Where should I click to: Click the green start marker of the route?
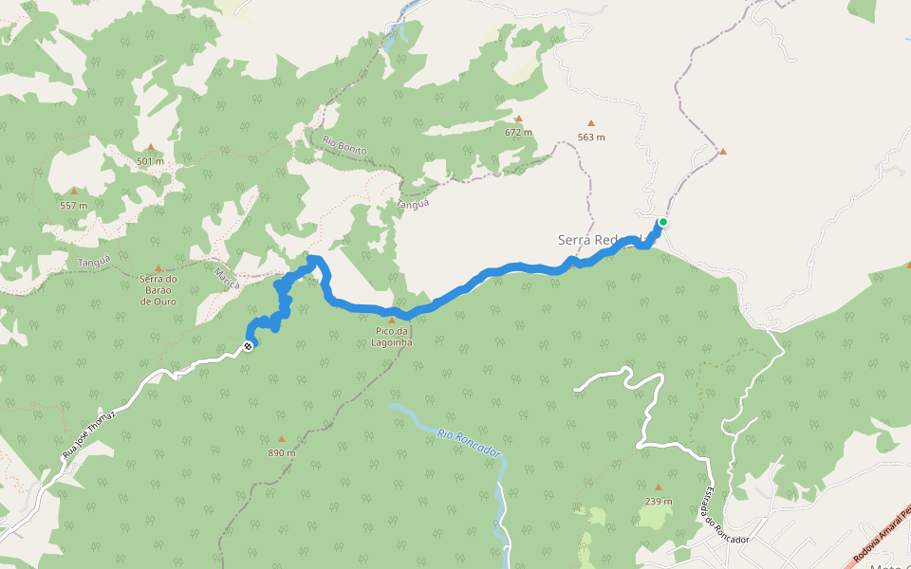(662, 223)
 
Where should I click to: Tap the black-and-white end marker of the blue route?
(249, 346)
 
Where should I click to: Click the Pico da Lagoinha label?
(391, 337)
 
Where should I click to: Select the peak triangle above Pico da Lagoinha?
(391, 321)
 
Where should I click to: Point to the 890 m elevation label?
(281, 452)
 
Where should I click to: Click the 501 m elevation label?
(150, 161)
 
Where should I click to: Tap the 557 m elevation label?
(73, 205)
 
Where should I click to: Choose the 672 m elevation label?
(518, 132)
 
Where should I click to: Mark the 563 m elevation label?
(591, 137)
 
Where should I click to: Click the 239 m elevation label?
(658, 501)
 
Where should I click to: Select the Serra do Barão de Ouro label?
(158, 289)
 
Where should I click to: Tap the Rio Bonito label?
(344, 147)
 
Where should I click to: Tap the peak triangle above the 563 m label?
(591, 122)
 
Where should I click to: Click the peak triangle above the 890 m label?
(281, 438)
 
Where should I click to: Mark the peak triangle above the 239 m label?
(658, 486)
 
